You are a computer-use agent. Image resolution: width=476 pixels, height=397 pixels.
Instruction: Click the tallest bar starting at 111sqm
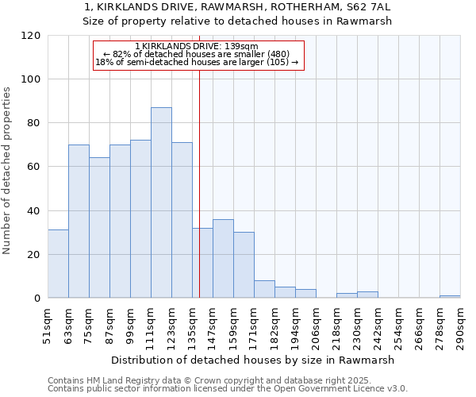(161, 202)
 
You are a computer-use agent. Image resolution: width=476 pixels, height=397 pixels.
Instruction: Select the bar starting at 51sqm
(58, 264)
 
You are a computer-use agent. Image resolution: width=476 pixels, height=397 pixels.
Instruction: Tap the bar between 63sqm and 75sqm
(79, 222)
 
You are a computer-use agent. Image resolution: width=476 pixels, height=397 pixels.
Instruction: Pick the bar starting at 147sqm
(223, 259)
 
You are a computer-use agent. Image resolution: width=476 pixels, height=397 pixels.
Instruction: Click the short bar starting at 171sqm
(264, 290)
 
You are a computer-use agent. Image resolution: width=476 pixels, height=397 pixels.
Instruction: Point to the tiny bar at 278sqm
(450, 297)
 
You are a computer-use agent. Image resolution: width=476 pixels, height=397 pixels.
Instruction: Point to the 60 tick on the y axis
(34, 167)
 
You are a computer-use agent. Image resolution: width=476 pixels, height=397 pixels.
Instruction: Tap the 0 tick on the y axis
(37, 299)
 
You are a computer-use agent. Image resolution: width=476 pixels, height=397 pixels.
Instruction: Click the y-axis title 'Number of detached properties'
(7, 171)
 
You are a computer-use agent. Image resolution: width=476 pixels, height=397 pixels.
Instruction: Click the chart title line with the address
(237, 7)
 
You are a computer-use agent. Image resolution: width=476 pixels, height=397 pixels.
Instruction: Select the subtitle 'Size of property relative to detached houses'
(237, 21)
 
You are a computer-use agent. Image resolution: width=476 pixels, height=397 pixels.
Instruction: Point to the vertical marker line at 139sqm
(199, 183)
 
